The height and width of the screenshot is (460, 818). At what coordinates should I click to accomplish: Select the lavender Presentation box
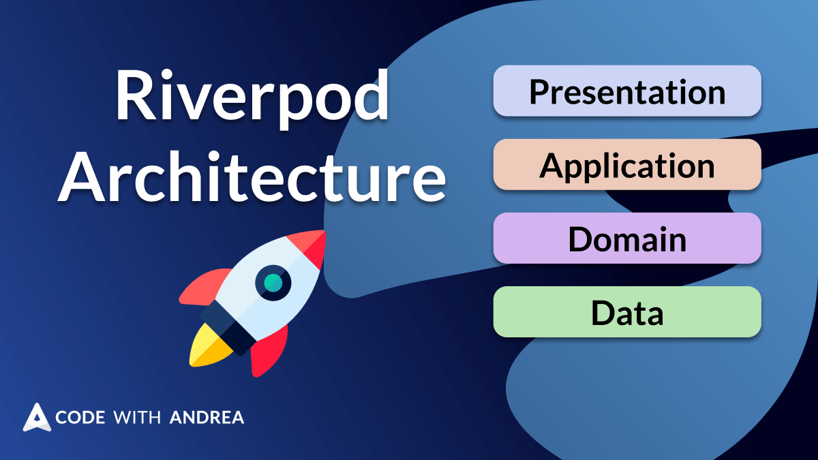[x=626, y=91]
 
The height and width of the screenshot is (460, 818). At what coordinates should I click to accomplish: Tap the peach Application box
[x=626, y=165]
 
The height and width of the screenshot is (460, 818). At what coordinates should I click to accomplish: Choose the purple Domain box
[x=626, y=239]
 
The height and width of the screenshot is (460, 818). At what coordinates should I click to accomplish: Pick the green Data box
[x=626, y=312]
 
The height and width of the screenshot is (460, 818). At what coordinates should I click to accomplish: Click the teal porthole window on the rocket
[x=273, y=281]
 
